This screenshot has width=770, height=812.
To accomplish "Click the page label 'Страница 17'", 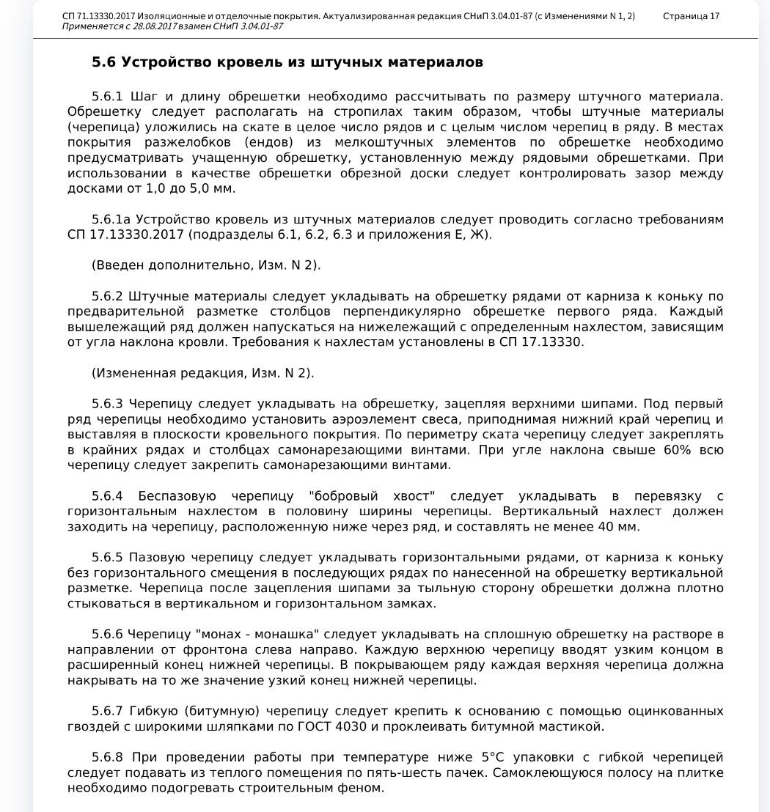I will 691,16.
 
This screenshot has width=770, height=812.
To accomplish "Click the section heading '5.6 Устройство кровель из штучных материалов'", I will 287,62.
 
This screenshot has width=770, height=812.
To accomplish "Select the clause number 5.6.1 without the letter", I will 107,97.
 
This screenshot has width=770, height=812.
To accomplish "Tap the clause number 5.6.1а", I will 111,220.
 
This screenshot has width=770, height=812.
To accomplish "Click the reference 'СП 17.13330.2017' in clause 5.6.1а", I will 126,235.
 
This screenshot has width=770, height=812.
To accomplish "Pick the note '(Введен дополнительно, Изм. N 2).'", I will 206,265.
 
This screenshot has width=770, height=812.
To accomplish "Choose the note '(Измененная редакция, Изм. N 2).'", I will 202,373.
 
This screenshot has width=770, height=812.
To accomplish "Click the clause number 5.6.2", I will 107,296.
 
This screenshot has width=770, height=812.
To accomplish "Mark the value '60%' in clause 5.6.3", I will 678,450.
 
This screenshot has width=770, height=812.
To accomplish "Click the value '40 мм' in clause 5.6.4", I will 618,527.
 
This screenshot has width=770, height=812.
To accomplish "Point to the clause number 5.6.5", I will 107,558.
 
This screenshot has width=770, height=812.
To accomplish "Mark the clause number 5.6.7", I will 107,711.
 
